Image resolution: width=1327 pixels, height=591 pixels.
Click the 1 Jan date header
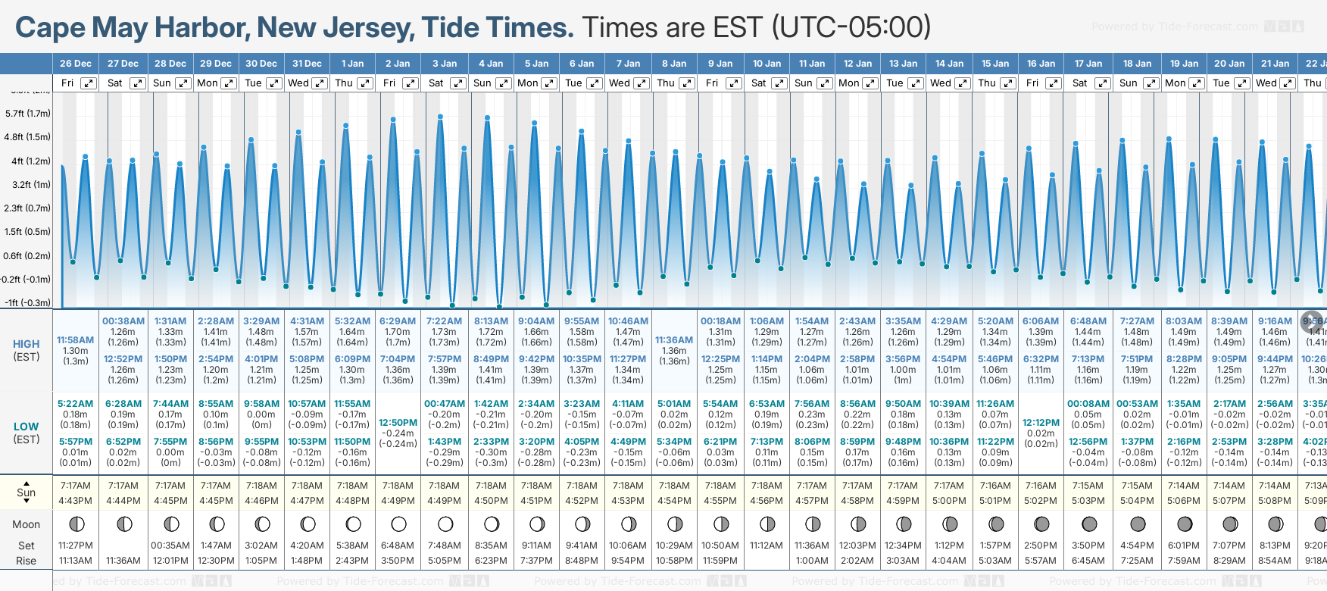point(352,64)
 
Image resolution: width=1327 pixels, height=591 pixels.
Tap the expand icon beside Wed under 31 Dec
point(320,83)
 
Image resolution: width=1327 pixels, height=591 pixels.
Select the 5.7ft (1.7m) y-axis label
point(28,114)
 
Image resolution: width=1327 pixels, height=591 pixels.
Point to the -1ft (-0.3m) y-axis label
point(28,302)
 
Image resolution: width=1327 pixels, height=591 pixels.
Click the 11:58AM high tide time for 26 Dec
point(75,340)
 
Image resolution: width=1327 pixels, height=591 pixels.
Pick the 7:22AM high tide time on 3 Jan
point(444,321)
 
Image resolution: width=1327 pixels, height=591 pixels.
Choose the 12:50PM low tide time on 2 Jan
point(398,423)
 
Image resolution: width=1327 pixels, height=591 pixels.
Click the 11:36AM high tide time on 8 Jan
point(674,340)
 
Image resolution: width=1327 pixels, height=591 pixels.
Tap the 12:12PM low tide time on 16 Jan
point(1041,423)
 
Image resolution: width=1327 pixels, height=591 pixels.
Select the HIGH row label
point(27,344)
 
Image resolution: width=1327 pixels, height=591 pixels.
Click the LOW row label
point(27,427)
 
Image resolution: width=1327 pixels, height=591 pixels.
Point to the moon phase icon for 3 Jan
point(445,524)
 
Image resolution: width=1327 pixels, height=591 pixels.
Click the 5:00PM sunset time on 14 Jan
point(949,500)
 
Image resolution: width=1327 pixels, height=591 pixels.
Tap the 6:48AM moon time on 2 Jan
point(398,546)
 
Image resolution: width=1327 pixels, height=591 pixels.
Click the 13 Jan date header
point(904,64)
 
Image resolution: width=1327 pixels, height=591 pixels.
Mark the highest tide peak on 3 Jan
point(440,117)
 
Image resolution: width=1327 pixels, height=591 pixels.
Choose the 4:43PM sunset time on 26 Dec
point(75,500)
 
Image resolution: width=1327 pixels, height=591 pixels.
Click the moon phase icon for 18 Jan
point(1138,524)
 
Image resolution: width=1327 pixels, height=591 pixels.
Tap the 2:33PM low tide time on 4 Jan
point(491,442)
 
